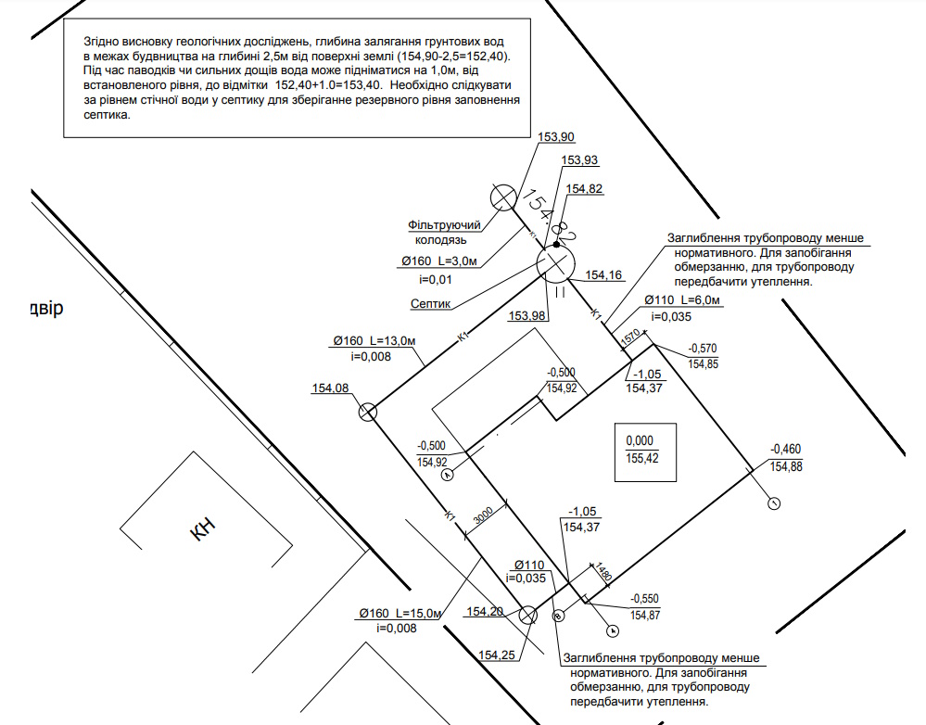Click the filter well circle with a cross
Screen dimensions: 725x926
click(x=503, y=197)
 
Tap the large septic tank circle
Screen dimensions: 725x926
click(x=556, y=265)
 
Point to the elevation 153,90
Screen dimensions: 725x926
click(x=555, y=137)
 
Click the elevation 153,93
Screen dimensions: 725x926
click(x=579, y=159)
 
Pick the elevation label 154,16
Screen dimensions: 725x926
click(x=603, y=274)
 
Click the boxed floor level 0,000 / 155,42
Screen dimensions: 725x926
click(x=641, y=449)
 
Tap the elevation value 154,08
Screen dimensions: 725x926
click(x=331, y=388)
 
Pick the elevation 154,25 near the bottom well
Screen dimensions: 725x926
click(x=497, y=655)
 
